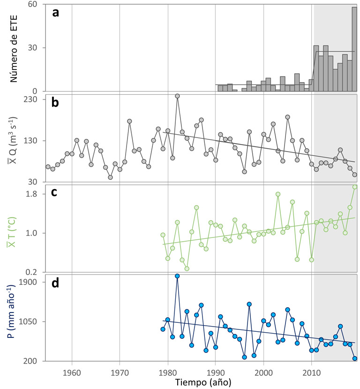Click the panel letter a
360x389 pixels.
(56, 13)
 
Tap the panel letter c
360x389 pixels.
(55, 193)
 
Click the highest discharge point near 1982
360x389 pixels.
(177, 96)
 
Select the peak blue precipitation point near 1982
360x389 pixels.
(177, 276)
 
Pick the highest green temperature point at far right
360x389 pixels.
(355, 187)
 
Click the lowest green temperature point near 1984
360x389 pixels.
(187, 268)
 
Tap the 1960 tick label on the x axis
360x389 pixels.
(72, 370)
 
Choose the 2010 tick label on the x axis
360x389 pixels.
(311, 370)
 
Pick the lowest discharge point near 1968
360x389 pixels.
(110, 177)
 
